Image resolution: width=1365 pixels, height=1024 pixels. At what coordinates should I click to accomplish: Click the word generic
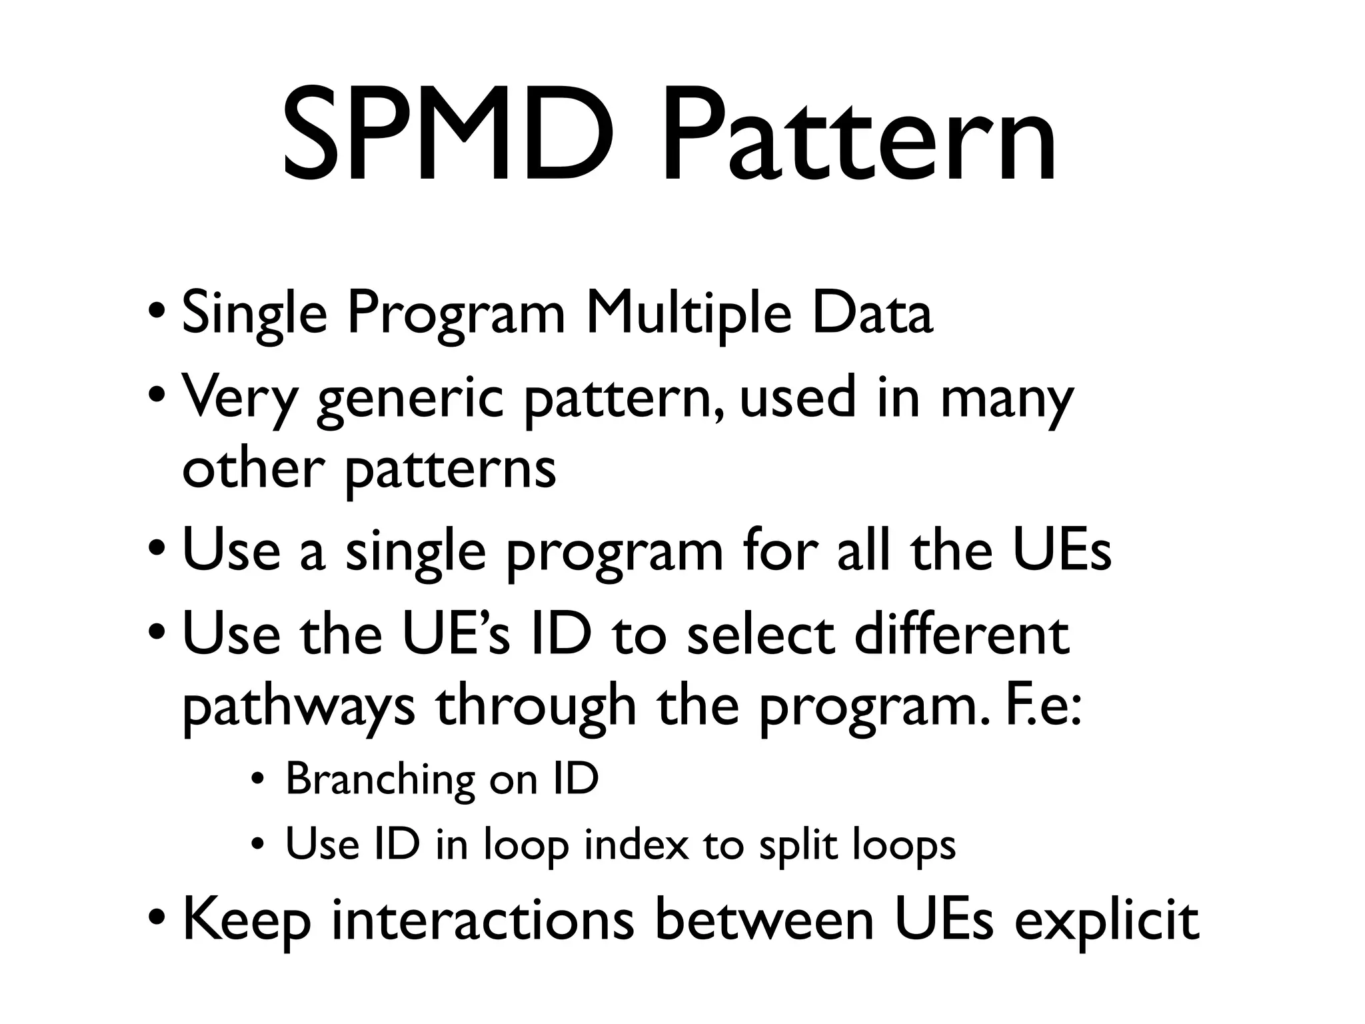coord(411,399)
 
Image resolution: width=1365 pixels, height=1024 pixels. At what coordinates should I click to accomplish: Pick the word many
coord(1006,399)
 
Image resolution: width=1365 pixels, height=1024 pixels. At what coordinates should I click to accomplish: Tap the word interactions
coord(483,920)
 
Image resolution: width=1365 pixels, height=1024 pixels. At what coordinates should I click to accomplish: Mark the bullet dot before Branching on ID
coord(257,779)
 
